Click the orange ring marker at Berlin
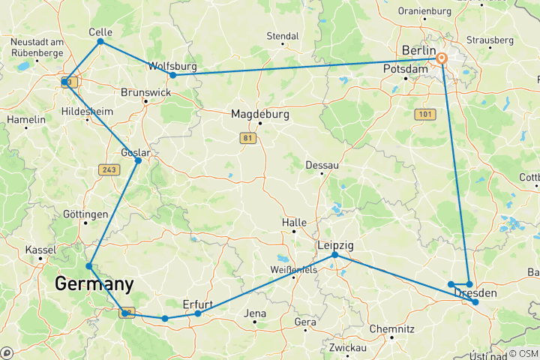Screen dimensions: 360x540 pyautogui.click(x=442, y=58)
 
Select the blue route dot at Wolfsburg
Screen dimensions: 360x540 pyautogui.click(x=172, y=75)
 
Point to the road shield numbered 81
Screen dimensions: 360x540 pyautogui.click(x=247, y=138)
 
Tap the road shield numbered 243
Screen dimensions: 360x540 pyautogui.click(x=108, y=170)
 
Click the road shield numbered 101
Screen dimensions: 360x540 pyautogui.click(x=424, y=114)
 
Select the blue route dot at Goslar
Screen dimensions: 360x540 pyautogui.click(x=138, y=160)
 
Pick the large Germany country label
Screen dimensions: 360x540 pyautogui.click(x=94, y=284)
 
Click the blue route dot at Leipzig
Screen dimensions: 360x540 pyautogui.click(x=335, y=256)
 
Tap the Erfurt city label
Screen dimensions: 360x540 pyautogui.click(x=198, y=304)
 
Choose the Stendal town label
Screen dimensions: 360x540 pyautogui.click(x=283, y=36)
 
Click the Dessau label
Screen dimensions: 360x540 pyautogui.click(x=322, y=165)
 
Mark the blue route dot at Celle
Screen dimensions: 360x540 pyautogui.click(x=100, y=41)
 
